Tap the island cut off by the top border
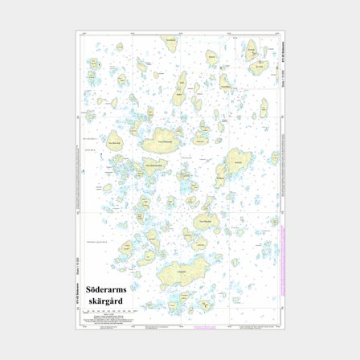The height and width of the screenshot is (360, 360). (x=170, y=41)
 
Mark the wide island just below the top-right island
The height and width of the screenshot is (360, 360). (x=259, y=67)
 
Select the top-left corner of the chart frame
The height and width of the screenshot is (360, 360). (x=76, y=31)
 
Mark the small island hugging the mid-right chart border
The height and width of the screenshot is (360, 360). (x=273, y=158)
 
